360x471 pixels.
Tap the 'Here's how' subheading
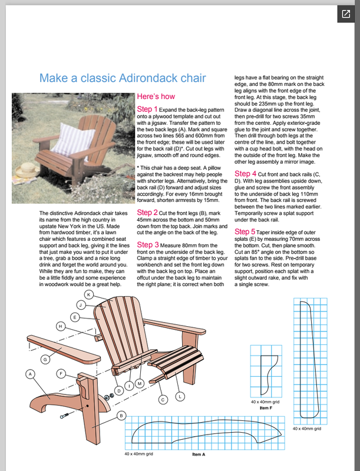[156, 96]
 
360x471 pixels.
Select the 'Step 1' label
[147, 110]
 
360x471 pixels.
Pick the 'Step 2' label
[147, 212]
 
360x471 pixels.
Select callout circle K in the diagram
[88, 294]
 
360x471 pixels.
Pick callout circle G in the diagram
[45, 359]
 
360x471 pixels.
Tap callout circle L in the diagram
[180, 396]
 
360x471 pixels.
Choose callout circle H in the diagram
[60, 326]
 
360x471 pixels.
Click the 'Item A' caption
[199, 454]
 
